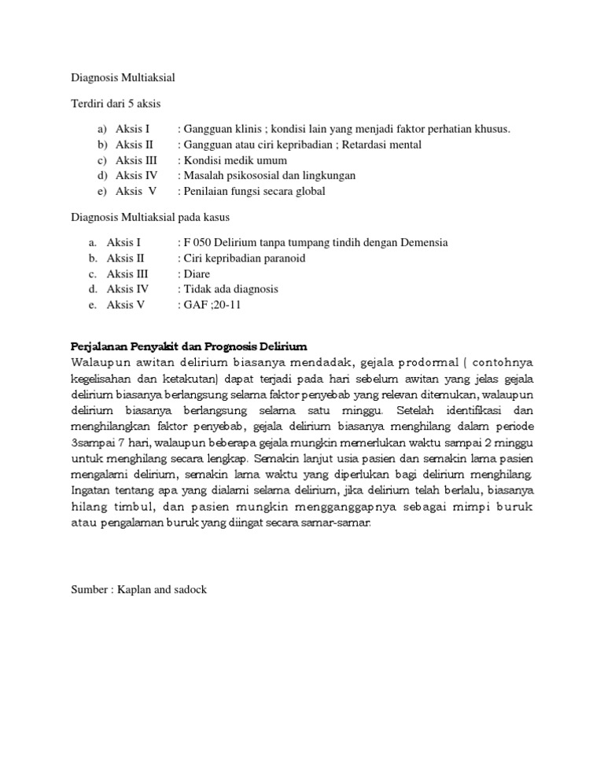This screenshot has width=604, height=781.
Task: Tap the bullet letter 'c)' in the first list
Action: pos(103,160)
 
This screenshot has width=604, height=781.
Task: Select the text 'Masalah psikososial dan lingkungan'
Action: pos(269,175)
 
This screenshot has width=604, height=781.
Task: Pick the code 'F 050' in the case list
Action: pos(199,243)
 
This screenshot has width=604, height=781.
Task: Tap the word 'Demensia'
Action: pos(425,243)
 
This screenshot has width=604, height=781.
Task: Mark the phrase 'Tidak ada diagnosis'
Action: pos(230,289)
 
